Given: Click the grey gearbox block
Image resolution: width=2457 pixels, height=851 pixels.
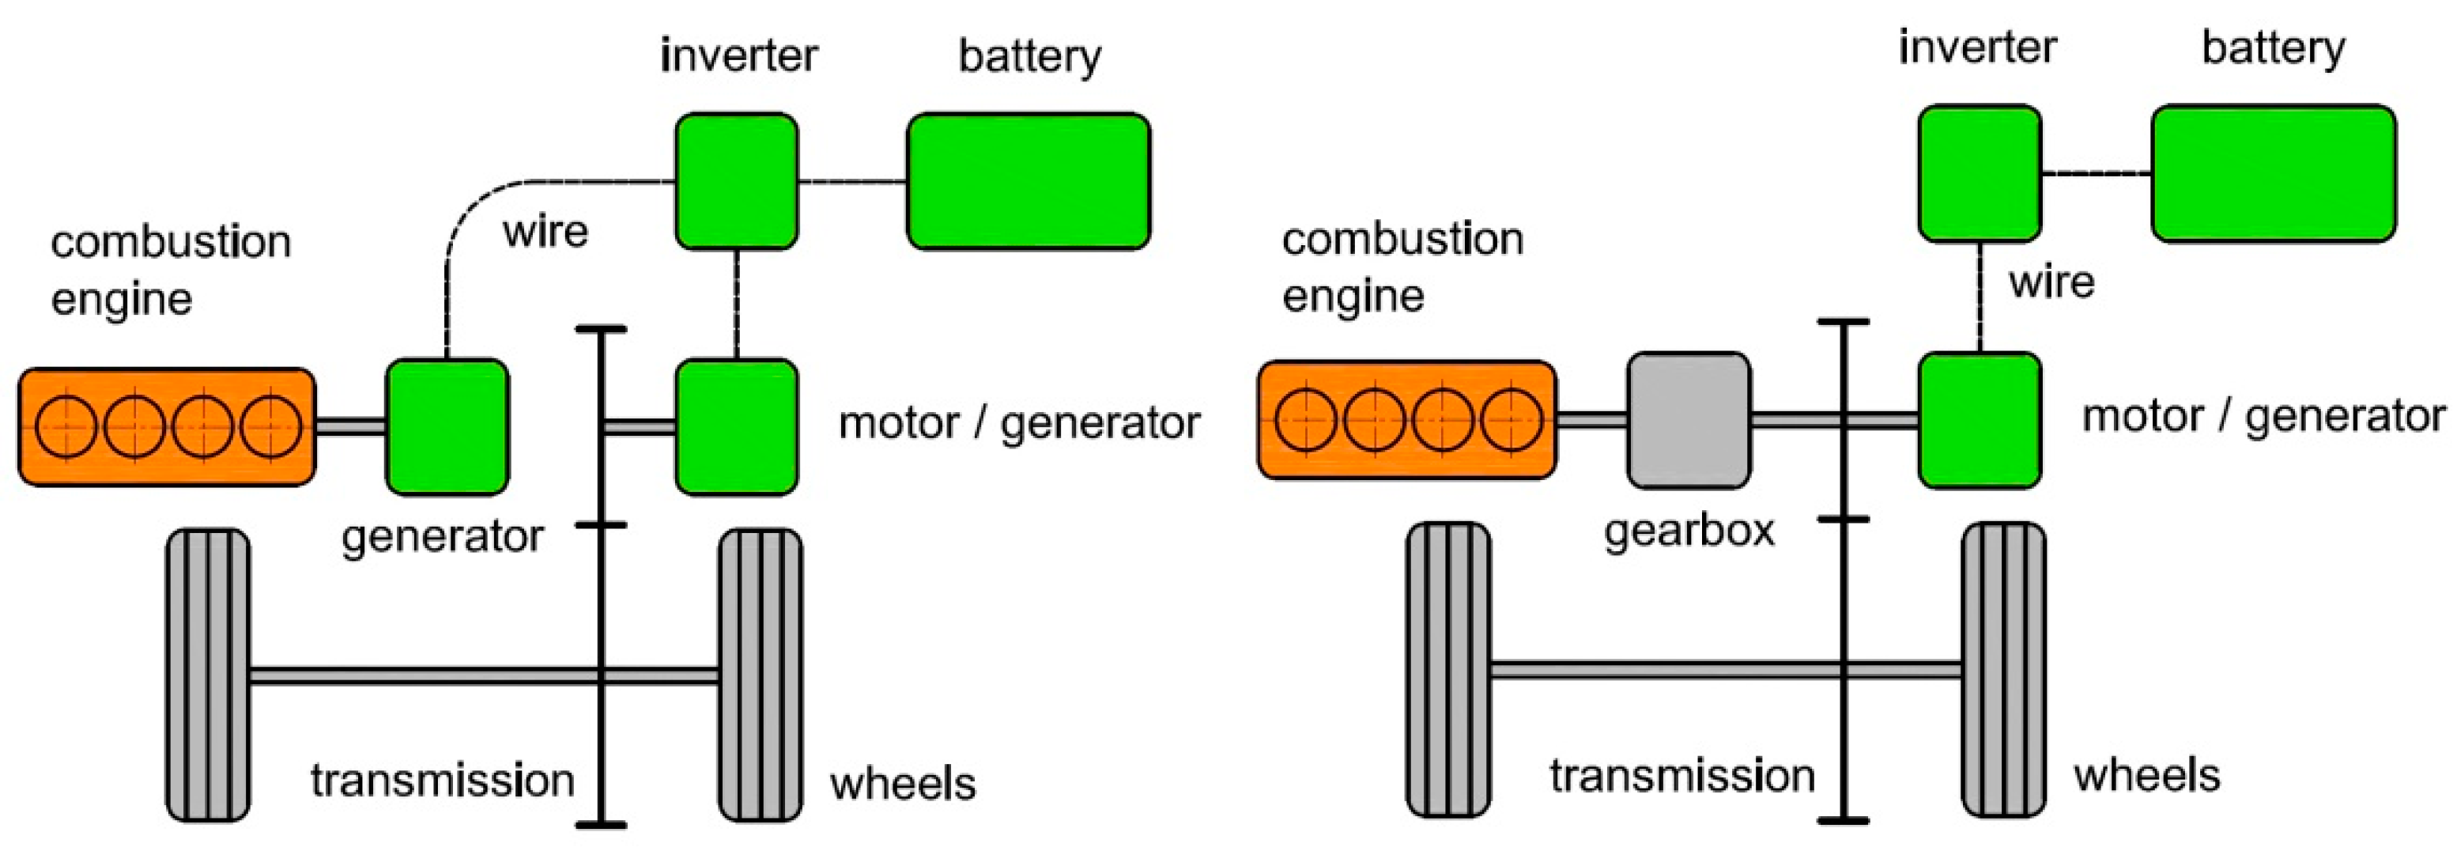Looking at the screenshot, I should click(x=1689, y=420).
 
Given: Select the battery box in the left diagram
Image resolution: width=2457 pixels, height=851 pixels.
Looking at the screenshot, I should click(x=1028, y=181).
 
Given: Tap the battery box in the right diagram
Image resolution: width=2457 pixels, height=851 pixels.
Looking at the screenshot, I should click(x=2274, y=172).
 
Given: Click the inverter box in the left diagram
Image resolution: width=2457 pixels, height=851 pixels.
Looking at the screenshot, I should click(x=736, y=181).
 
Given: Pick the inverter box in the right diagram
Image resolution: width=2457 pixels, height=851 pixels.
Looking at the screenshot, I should click(x=1980, y=172).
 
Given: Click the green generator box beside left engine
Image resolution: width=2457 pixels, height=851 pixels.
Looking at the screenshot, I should click(x=447, y=426).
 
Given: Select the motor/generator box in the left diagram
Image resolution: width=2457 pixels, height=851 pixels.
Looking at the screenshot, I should click(x=736, y=426).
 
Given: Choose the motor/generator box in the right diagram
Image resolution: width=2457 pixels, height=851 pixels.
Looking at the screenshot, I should click(x=1980, y=420).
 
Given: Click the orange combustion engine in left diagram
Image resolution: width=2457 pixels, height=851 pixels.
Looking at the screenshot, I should click(x=167, y=426).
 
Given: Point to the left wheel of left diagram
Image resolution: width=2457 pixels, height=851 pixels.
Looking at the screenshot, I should click(x=208, y=675).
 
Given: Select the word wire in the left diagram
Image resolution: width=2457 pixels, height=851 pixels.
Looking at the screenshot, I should click(x=545, y=232).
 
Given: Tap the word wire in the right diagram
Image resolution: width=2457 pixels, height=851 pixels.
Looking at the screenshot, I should click(x=2051, y=282).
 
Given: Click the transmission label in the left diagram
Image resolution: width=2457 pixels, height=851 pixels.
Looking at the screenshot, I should click(x=443, y=781).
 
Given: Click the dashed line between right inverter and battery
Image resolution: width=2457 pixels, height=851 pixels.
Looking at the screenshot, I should click(x=2096, y=172).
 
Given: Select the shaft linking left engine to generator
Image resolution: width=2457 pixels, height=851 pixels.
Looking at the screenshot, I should click(x=350, y=426).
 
